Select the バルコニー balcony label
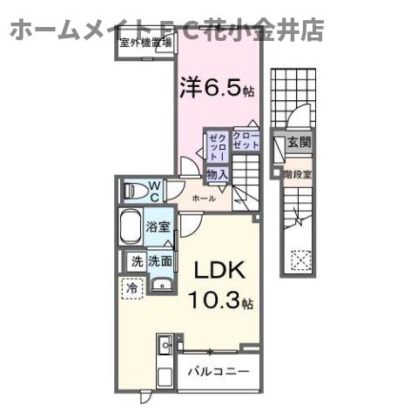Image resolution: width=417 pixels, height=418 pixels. coord(219,371)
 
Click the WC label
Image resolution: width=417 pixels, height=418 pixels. coord(152,189)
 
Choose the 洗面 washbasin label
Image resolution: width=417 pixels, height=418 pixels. coord(159,260)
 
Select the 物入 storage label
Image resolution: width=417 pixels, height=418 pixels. coord(217,175)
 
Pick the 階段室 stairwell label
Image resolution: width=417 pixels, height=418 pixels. coord(297,174)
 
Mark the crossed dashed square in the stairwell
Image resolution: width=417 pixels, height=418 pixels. coord(299,260)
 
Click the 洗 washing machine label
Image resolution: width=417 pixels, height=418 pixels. coord(136,260)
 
